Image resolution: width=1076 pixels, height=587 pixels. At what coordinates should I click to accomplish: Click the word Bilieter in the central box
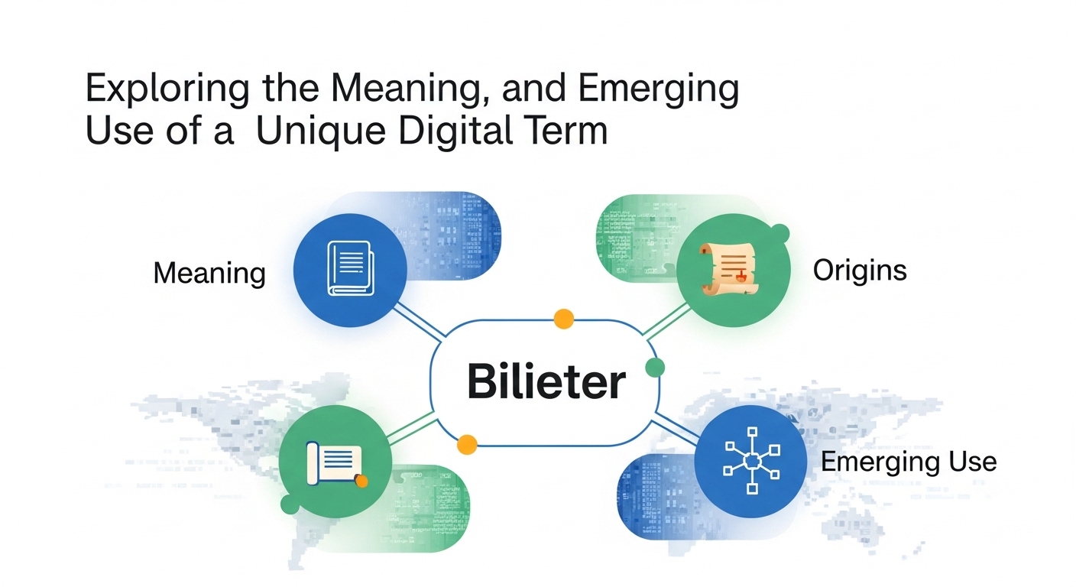(x=546, y=381)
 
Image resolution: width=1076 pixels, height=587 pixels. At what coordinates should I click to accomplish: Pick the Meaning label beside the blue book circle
(x=209, y=273)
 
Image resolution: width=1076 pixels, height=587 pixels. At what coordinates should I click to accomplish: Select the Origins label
(x=860, y=270)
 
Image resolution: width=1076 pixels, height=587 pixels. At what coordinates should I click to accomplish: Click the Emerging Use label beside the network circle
(x=908, y=462)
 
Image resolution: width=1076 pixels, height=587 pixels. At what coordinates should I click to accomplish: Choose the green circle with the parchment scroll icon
(x=733, y=270)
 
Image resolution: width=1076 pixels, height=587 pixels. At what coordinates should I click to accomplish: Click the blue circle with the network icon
(x=750, y=462)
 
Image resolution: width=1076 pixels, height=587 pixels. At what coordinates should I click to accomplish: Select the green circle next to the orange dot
(x=335, y=462)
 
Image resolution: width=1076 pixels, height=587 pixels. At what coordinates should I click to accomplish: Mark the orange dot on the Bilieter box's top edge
(x=563, y=319)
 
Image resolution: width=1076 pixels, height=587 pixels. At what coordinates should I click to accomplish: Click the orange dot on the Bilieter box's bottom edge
(x=466, y=443)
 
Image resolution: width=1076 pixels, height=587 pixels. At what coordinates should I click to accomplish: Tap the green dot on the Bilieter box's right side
(x=655, y=367)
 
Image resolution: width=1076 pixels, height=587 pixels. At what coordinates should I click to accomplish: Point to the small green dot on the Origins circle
(x=780, y=232)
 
